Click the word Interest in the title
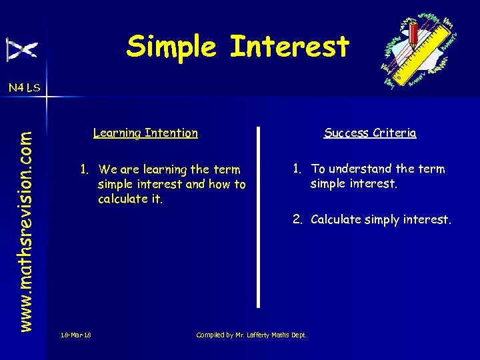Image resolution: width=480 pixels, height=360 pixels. (289, 47)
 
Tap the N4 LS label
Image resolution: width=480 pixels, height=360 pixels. (24, 87)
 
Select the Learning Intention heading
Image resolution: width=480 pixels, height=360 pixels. (145, 133)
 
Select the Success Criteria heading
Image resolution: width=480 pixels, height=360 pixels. (370, 133)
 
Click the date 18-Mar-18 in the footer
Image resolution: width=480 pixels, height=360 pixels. (75, 335)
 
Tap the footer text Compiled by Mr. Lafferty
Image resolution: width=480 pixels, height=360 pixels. (251, 335)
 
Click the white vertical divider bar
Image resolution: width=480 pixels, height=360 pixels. (259, 216)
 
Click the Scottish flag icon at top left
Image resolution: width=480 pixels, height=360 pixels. (22, 50)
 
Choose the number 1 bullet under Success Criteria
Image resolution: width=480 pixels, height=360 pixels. (296, 169)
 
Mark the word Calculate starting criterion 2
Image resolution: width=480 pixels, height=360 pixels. (335, 219)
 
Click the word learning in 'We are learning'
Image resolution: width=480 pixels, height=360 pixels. (164, 169)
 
